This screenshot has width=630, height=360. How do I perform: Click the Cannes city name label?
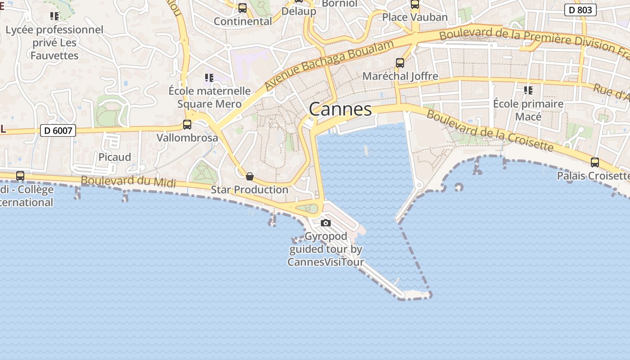[x=341, y=109]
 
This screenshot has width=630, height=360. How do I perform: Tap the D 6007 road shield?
[x=58, y=130]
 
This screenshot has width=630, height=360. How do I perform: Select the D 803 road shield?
[x=580, y=10]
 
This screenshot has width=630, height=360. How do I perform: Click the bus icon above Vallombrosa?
[x=187, y=125]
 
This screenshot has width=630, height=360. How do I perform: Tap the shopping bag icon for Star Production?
[x=250, y=176]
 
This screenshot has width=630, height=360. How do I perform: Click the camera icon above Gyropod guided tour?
[x=326, y=223]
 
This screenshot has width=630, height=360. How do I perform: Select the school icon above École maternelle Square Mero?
[x=209, y=78]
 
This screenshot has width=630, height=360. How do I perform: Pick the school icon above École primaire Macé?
[x=528, y=90]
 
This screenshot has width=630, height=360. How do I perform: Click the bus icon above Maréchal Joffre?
[x=400, y=63]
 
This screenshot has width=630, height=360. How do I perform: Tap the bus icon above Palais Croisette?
[x=594, y=162]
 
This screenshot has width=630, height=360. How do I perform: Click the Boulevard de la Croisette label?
[x=490, y=131]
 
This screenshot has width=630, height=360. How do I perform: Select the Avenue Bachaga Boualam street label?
[x=329, y=63]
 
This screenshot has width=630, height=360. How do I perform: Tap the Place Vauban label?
[x=414, y=17]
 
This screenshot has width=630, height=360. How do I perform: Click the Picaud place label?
[x=115, y=157]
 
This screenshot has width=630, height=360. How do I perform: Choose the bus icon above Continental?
[x=243, y=8]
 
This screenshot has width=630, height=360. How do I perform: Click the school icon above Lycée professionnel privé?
[x=54, y=17]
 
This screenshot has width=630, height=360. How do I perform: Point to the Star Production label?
[x=249, y=189]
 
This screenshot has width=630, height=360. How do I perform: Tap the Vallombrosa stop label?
[x=187, y=138]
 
